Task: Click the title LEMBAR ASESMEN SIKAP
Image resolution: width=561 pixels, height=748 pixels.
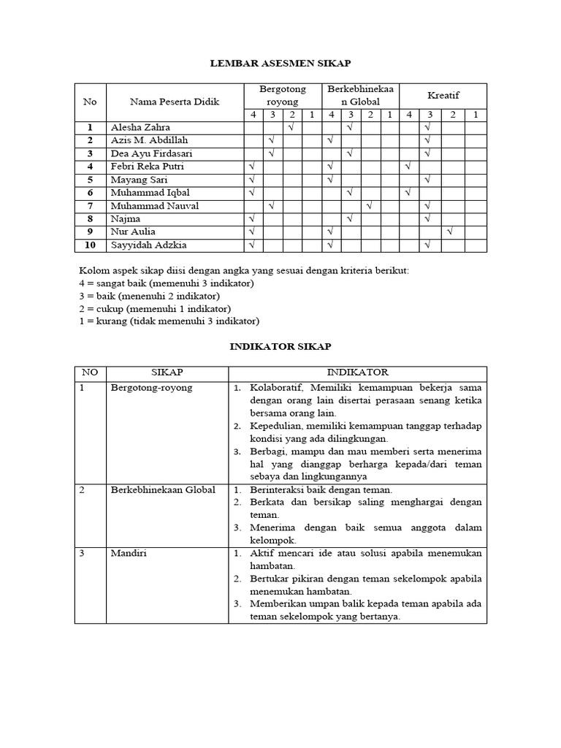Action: [280, 65]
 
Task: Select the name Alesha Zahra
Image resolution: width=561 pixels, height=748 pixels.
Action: [140, 127]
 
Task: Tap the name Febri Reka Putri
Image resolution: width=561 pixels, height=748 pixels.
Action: [147, 167]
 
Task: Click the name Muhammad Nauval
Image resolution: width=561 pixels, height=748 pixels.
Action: [154, 206]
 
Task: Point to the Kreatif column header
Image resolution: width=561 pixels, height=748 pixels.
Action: [443, 95]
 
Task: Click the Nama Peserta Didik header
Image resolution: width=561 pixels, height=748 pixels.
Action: [175, 102]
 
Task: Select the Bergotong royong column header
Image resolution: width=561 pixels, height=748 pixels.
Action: [282, 95]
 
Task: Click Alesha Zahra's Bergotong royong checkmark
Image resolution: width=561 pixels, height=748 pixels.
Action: [291, 127]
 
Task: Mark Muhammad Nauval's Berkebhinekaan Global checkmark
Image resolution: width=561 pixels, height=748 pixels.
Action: [370, 206]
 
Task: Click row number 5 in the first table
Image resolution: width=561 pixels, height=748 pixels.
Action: [91, 180]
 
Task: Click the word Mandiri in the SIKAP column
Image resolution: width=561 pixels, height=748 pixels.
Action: [128, 554]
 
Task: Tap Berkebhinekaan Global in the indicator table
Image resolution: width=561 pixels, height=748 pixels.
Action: [162, 489]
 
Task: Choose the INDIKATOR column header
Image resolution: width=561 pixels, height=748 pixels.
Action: [357, 373]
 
